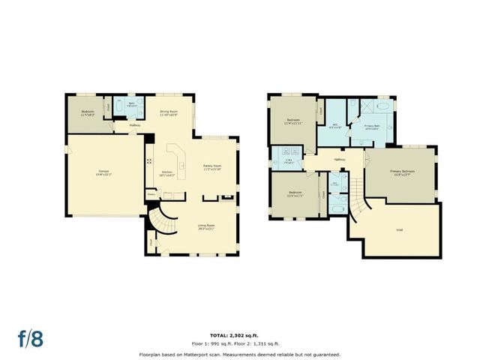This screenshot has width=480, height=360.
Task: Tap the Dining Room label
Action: (168, 113)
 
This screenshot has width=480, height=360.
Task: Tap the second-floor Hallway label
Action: (339, 160)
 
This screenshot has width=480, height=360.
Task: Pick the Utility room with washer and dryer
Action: (289, 160)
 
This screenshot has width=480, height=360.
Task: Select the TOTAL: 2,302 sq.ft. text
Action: (239, 334)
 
